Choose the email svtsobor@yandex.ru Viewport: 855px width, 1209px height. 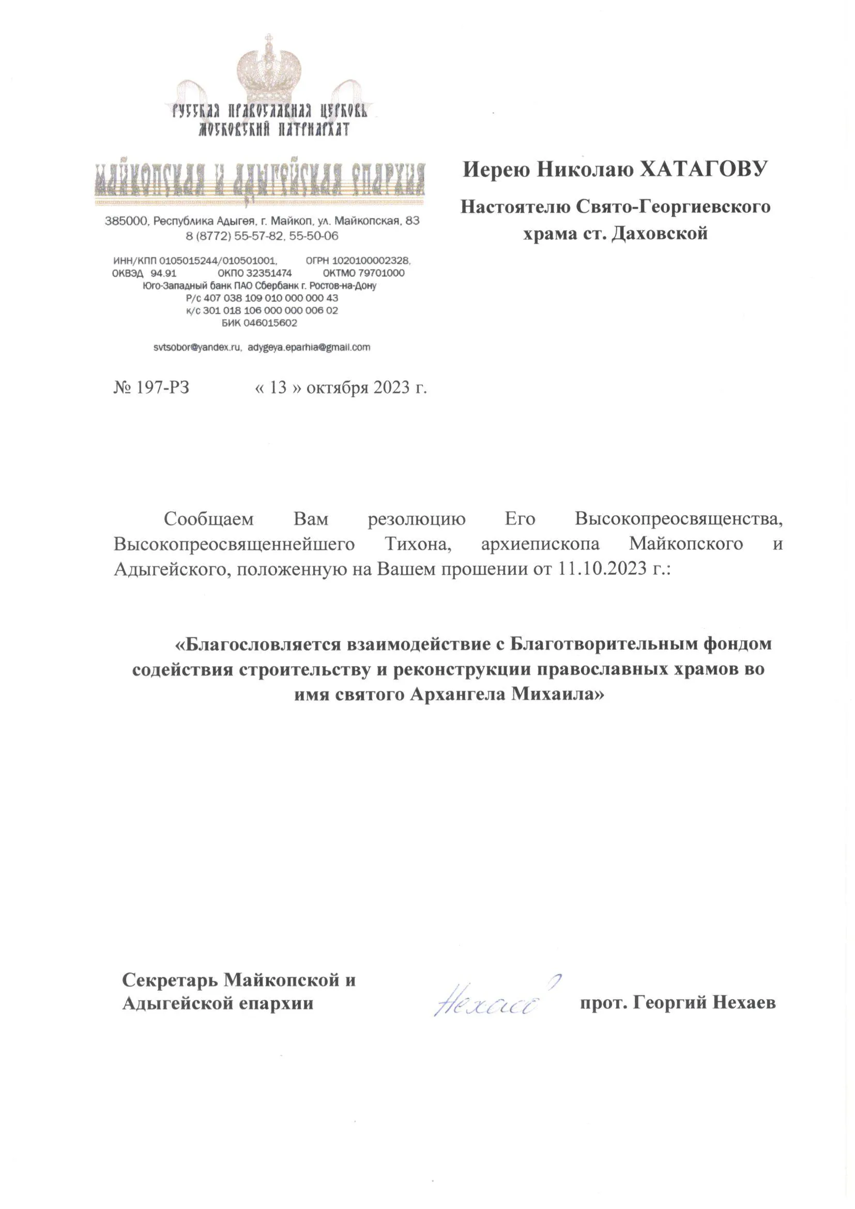[197, 347]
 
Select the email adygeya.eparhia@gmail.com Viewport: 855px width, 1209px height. [309, 347]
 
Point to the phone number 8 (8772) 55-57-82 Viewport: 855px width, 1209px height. [235, 236]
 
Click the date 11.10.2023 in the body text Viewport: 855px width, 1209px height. [600, 569]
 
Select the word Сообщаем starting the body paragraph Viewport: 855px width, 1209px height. [208, 519]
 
